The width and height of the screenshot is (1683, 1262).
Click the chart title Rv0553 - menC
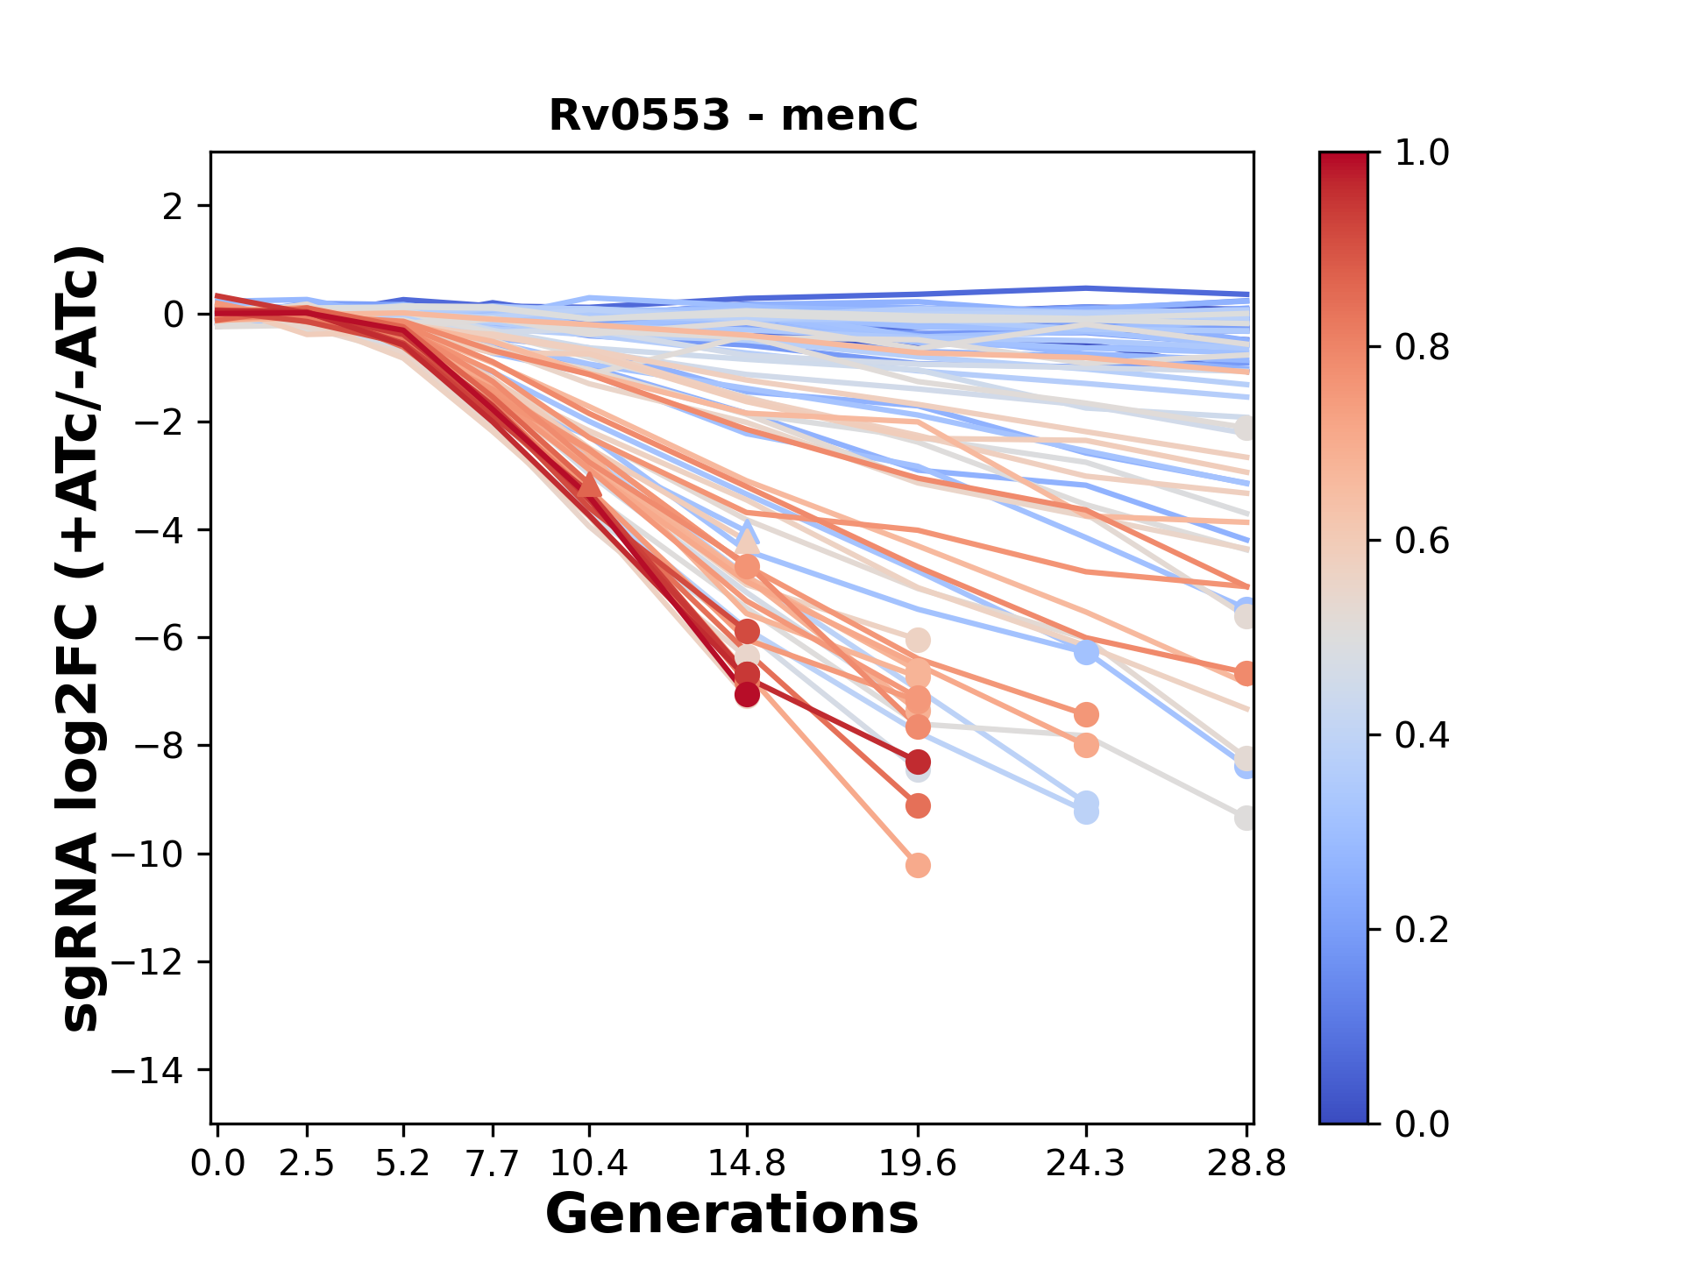coord(733,115)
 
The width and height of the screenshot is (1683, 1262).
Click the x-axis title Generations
coord(732,1215)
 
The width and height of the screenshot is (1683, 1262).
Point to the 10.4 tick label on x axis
coord(588,1163)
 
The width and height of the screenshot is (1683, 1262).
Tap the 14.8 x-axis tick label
coord(747,1163)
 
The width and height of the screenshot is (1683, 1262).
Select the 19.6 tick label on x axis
coord(917,1163)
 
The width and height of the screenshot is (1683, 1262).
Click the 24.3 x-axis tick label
coord(1086,1163)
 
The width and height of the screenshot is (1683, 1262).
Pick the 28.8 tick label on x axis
coord(1246,1163)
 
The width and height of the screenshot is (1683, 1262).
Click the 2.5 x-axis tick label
coord(307,1163)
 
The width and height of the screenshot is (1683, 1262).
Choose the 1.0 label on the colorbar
coord(1422,153)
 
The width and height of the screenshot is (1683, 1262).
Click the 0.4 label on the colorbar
coord(1422,735)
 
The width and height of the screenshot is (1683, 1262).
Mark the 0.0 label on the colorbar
coord(1422,1124)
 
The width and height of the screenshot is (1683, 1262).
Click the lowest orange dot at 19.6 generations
coord(918,866)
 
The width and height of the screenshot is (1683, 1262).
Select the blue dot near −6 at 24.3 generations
coord(1086,652)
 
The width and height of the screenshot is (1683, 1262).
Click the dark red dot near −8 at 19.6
coord(918,762)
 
